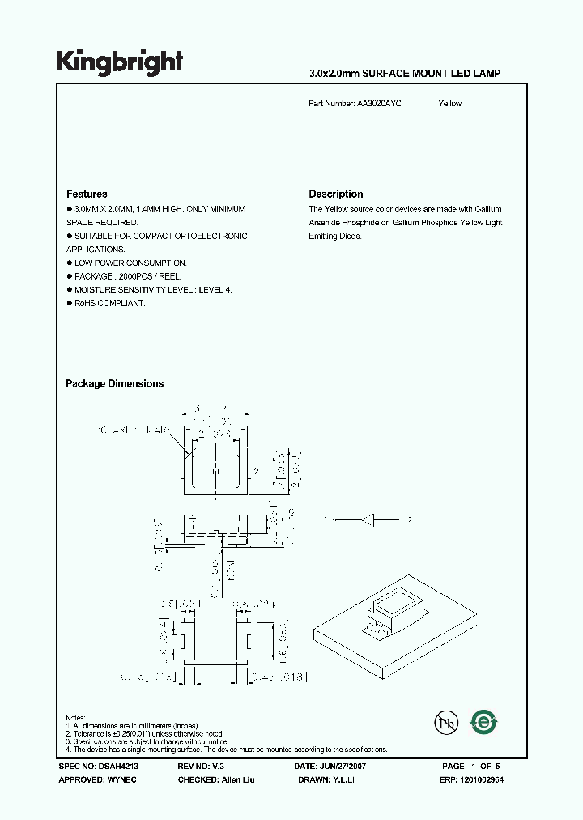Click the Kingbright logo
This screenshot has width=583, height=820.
(x=119, y=62)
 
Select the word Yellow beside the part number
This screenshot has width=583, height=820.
(x=449, y=104)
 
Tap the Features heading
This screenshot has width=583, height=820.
(x=87, y=194)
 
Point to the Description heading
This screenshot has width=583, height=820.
(x=335, y=194)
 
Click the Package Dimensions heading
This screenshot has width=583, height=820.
(x=114, y=384)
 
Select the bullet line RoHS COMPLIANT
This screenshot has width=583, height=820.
(x=109, y=303)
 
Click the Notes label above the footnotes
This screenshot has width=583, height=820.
(x=75, y=718)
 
